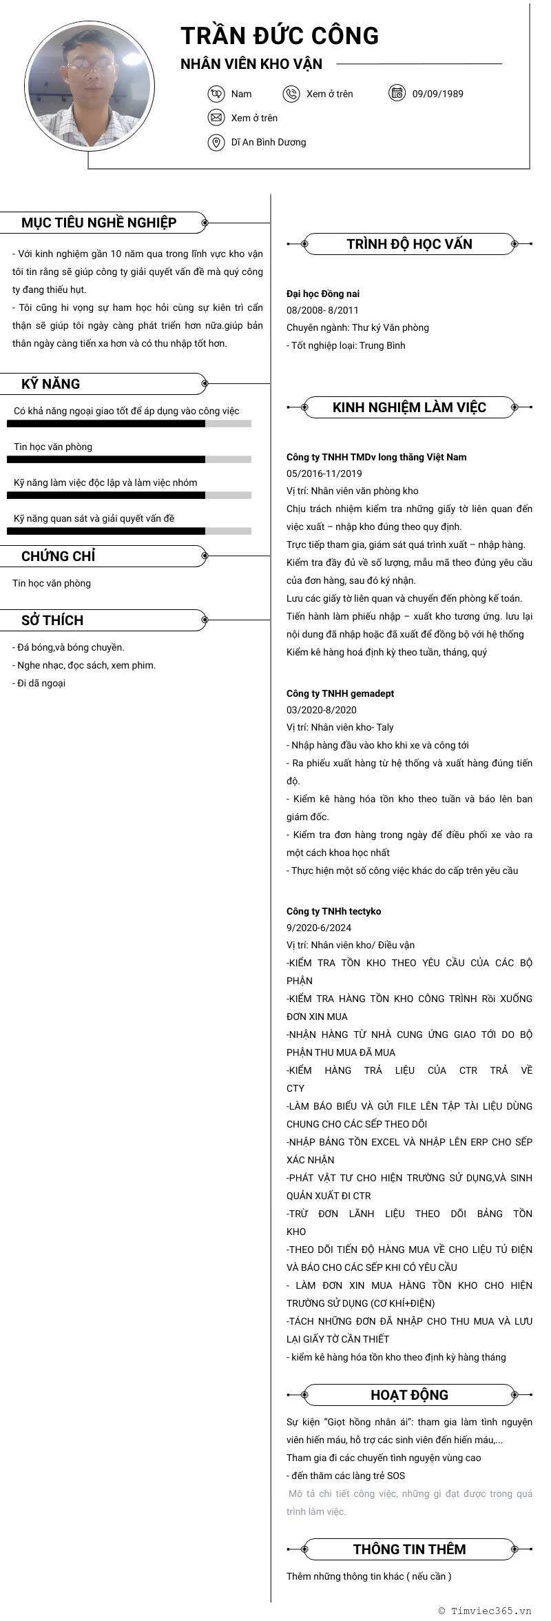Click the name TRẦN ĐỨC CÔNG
pos(280,36)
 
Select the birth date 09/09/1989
pos(437,94)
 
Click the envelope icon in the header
pos(216,118)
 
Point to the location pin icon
pos(216,142)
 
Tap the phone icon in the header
pos(291,94)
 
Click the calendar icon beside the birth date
pos(397,93)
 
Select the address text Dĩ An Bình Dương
pos(269,142)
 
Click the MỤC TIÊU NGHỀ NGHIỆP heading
pos(98,223)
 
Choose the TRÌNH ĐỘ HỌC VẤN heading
pos(409,244)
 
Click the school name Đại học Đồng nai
pos(323,294)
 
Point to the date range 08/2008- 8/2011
pos(322,310)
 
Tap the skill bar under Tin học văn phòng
pos(129,459)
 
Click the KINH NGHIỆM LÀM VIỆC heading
pos(409,407)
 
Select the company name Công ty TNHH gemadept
pos(340,693)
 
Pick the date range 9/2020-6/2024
pos(319,928)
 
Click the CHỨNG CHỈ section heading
pos(59,556)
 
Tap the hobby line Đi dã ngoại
pos(39,683)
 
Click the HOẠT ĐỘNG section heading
pos(409,1395)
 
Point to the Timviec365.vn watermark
pos(485,1611)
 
